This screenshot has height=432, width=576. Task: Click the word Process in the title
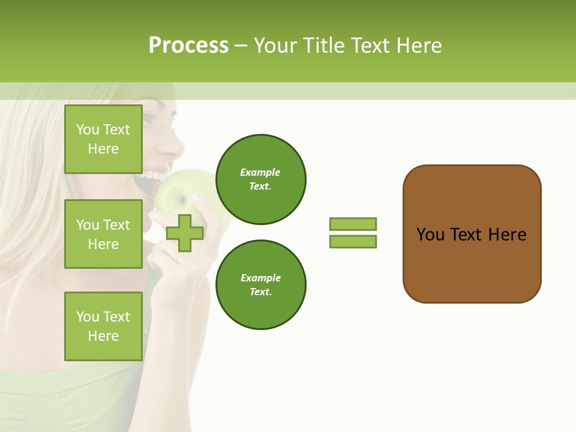188,46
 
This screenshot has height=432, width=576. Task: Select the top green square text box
103,139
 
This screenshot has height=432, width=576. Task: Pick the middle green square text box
103,234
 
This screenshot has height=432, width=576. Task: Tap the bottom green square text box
103,326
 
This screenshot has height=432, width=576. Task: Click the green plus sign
184,233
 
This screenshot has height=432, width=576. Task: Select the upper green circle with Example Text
261,179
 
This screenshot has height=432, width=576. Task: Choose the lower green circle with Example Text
261,285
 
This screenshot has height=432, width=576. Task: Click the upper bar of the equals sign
353,224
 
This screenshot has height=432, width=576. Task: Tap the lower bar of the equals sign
353,242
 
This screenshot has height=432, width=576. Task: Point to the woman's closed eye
149,118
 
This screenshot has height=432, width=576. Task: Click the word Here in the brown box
507,235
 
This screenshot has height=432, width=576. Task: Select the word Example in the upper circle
260,172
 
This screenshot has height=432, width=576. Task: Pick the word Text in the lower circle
260,292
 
